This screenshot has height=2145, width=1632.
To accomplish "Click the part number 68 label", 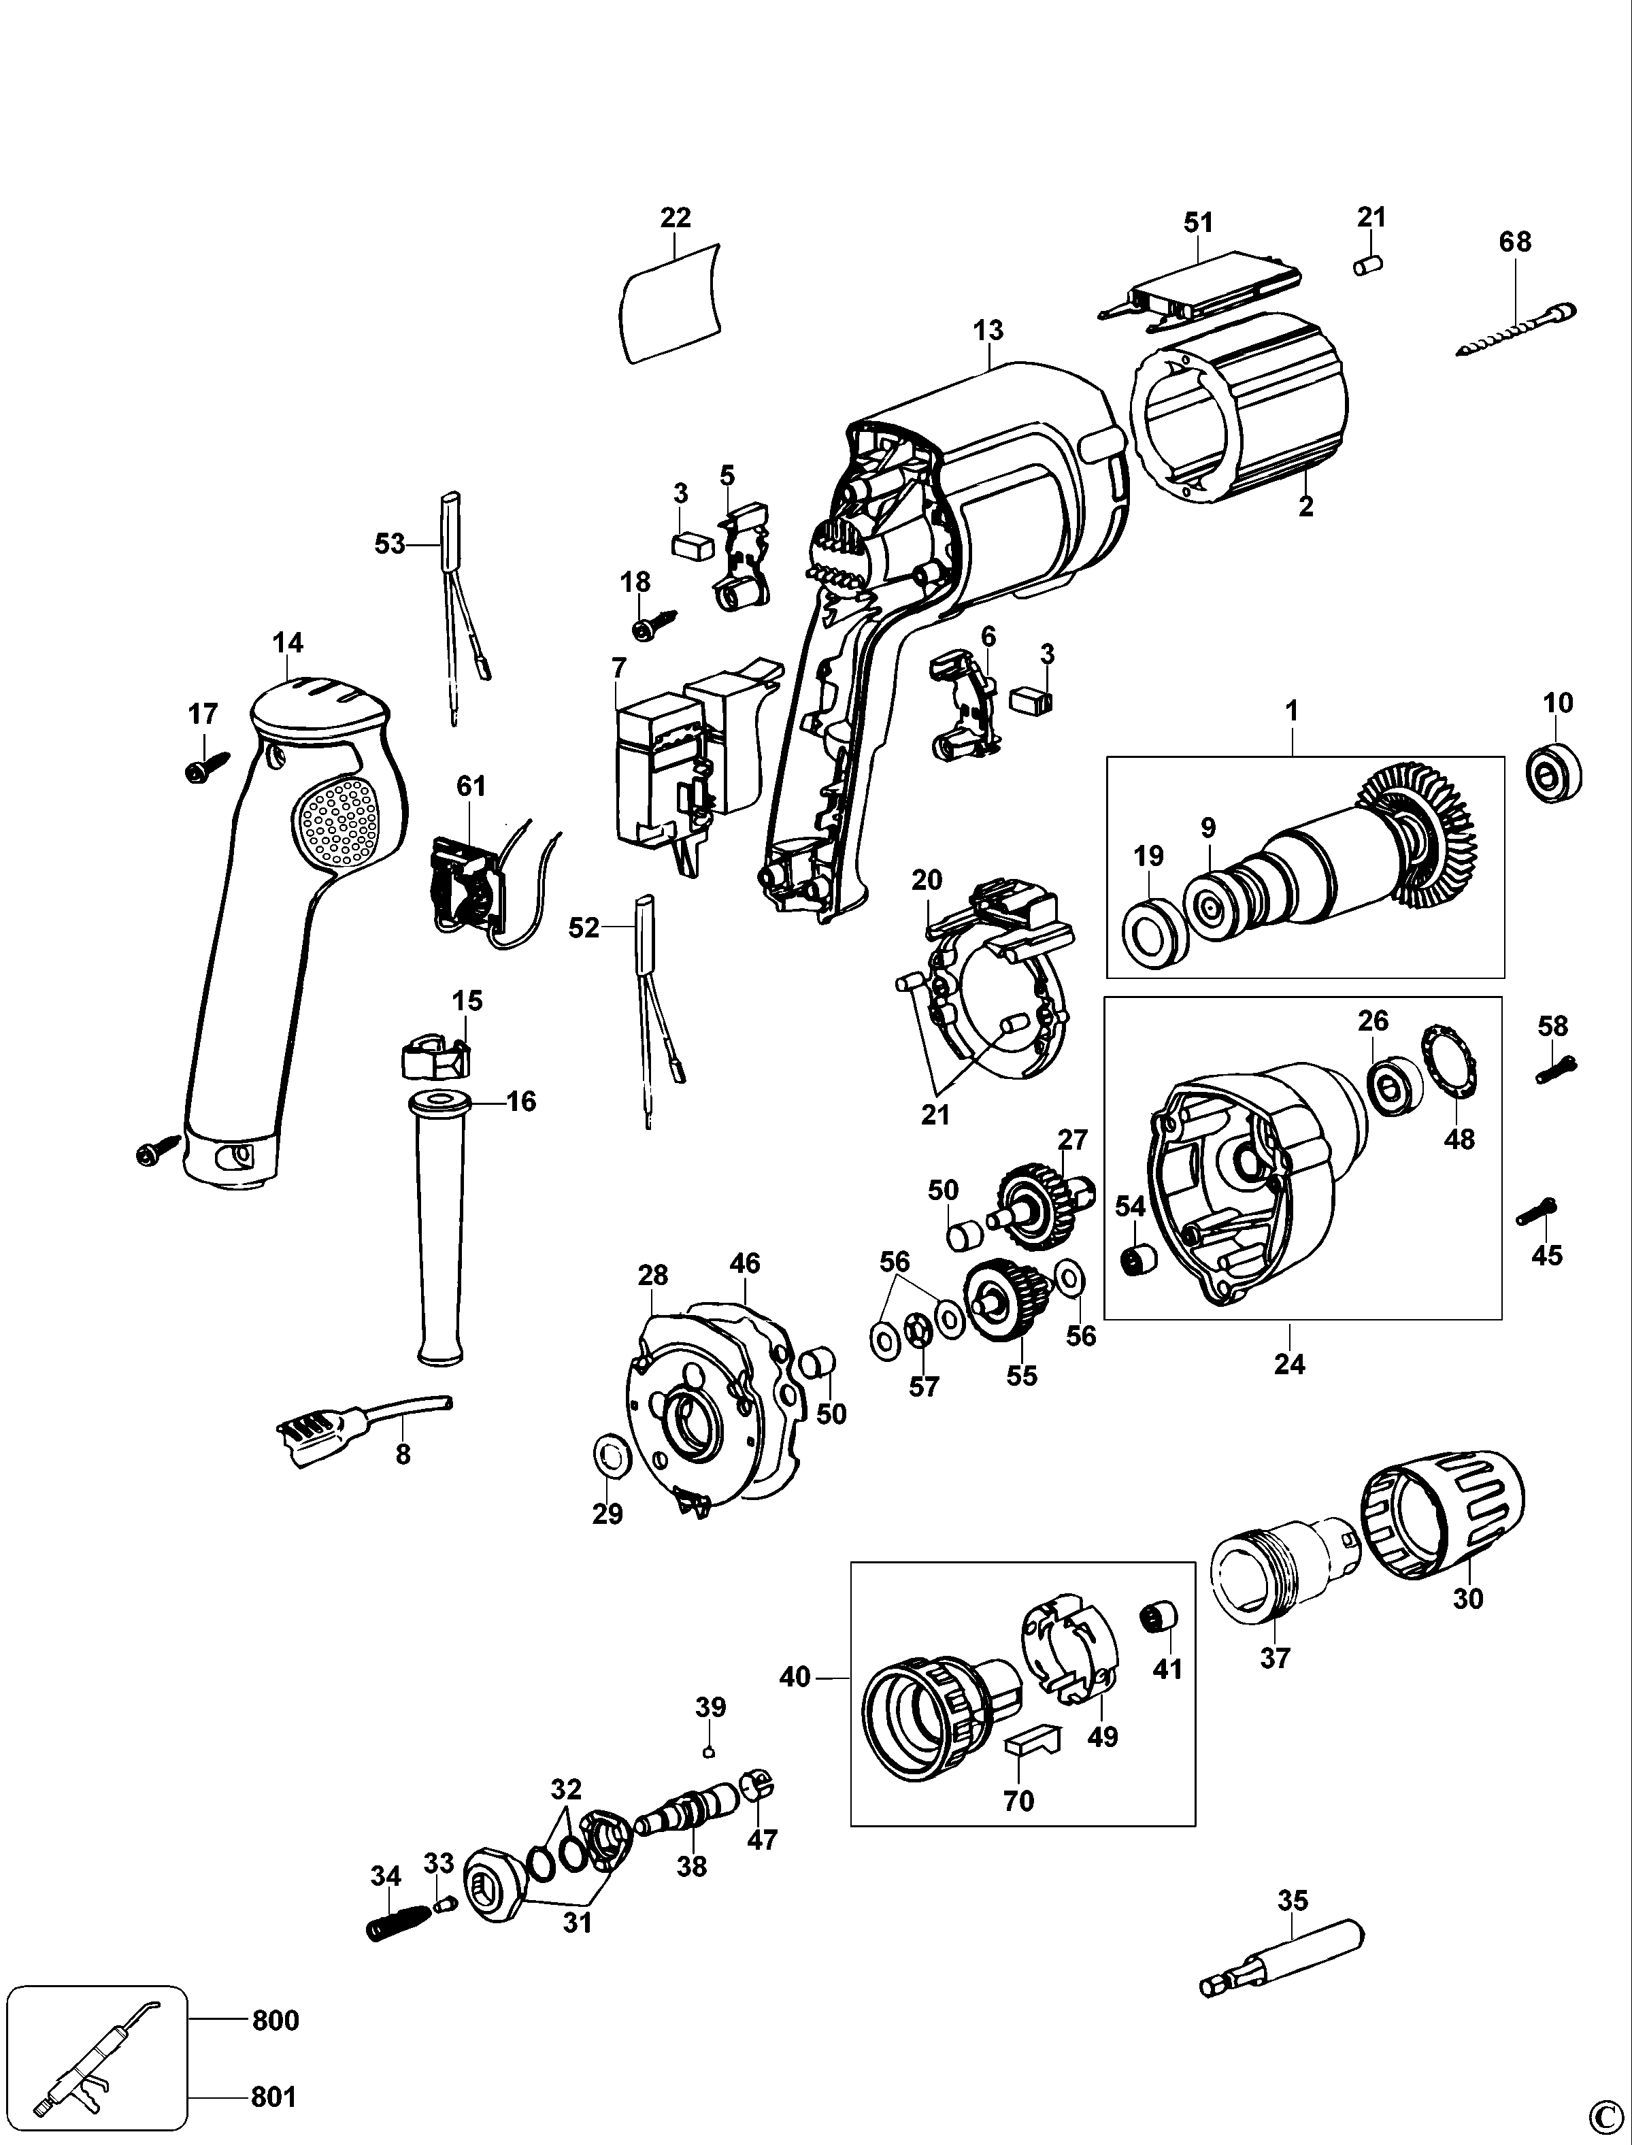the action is pos(1514,242).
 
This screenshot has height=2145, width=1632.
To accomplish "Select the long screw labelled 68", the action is pos(1516,331).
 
